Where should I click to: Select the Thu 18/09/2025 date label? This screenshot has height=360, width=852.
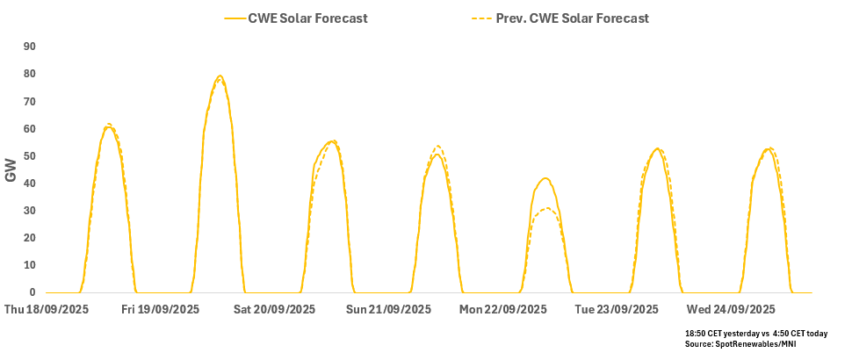tap(47, 309)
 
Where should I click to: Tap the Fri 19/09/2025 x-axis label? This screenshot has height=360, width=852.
tap(161, 309)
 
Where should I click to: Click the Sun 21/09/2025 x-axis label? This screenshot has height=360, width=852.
tap(388, 309)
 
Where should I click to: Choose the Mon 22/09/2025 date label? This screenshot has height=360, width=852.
tap(503, 309)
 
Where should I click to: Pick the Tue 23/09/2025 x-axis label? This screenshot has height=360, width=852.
tap(616, 309)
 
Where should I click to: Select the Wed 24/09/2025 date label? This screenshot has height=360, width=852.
tap(731, 309)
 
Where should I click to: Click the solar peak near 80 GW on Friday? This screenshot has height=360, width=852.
tap(220, 76)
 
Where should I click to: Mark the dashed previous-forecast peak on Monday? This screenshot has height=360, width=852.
tap(546, 208)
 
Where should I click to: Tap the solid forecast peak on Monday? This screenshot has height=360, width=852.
tap(545, 178)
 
